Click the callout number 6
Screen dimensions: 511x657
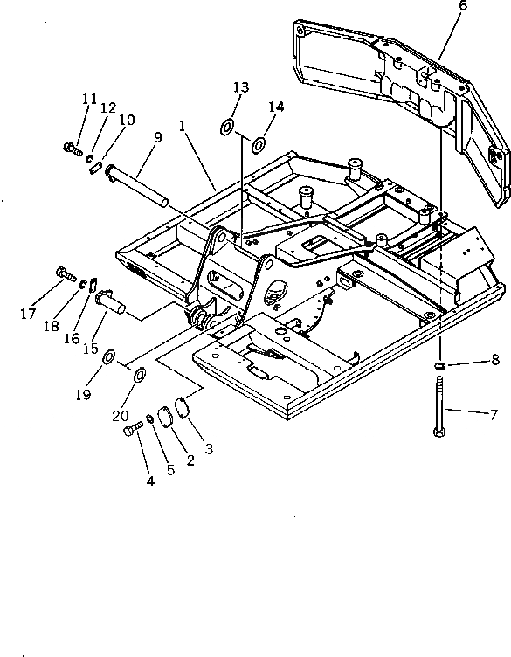pyautogui.click(x=463, y=6)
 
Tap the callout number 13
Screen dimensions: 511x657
pyautogui.click(x=241, y=87)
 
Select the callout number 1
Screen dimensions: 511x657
pyautogui.click(x=182, y=125)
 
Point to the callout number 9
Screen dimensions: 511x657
pyautogui.click(x=157, y=137)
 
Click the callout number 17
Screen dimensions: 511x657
pyautogui.click(x=28, y=314)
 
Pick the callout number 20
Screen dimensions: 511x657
pyautogui.click(x=121, y=416)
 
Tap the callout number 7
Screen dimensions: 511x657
pyautogui.click(x=494, y=415)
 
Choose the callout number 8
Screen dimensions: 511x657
pyautogui.click(x=495, y=359)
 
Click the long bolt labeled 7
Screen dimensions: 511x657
pyautogui.click(x=439, y=406)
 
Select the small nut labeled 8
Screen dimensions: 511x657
pyautogui.click(x=439, y=366)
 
